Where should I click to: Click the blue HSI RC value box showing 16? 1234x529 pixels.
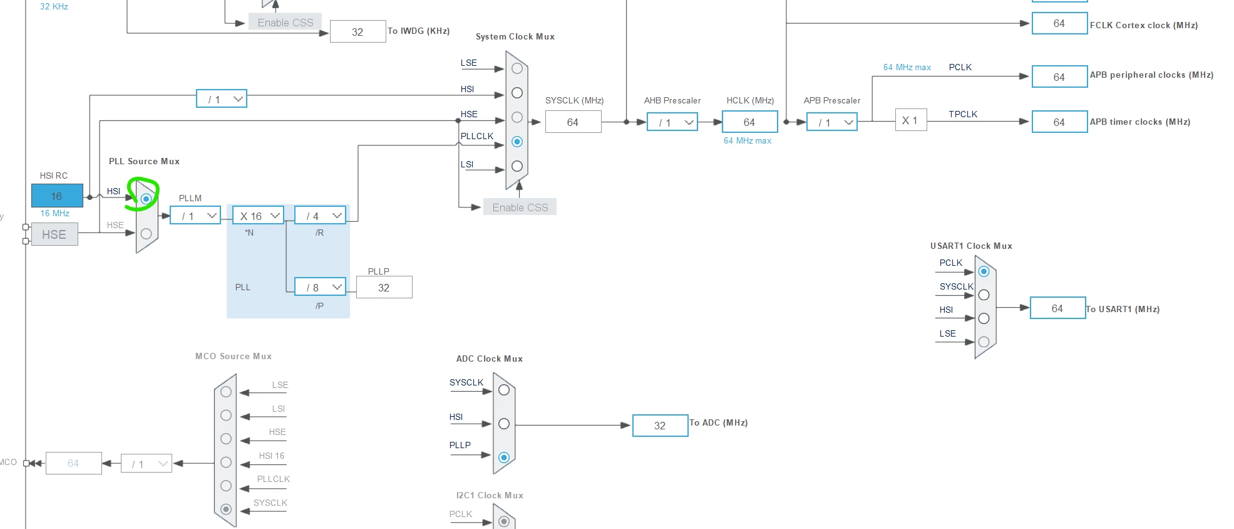57,196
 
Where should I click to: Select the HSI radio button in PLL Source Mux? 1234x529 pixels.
146,199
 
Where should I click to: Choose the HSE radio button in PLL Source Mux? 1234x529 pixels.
146,234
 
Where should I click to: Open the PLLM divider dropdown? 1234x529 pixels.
195,216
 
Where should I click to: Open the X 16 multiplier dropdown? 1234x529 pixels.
259,216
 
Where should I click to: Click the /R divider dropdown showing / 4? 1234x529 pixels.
321,216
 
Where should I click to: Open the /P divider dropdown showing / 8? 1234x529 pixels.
321,287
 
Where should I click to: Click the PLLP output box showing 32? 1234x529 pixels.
384,287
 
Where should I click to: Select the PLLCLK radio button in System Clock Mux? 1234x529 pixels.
517,142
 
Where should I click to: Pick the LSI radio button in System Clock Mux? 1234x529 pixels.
517,166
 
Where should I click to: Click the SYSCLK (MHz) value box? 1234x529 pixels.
573,122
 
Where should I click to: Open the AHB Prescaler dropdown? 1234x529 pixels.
672,122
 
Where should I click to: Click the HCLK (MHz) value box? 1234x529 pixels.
749,122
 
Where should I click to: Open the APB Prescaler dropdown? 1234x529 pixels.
832,122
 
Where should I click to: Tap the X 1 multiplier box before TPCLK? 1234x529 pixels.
910,120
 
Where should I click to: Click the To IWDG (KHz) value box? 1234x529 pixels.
357,31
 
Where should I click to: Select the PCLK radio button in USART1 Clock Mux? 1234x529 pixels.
984,271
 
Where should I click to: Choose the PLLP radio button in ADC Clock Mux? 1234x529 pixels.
504,458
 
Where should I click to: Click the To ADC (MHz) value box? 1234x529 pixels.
660,426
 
